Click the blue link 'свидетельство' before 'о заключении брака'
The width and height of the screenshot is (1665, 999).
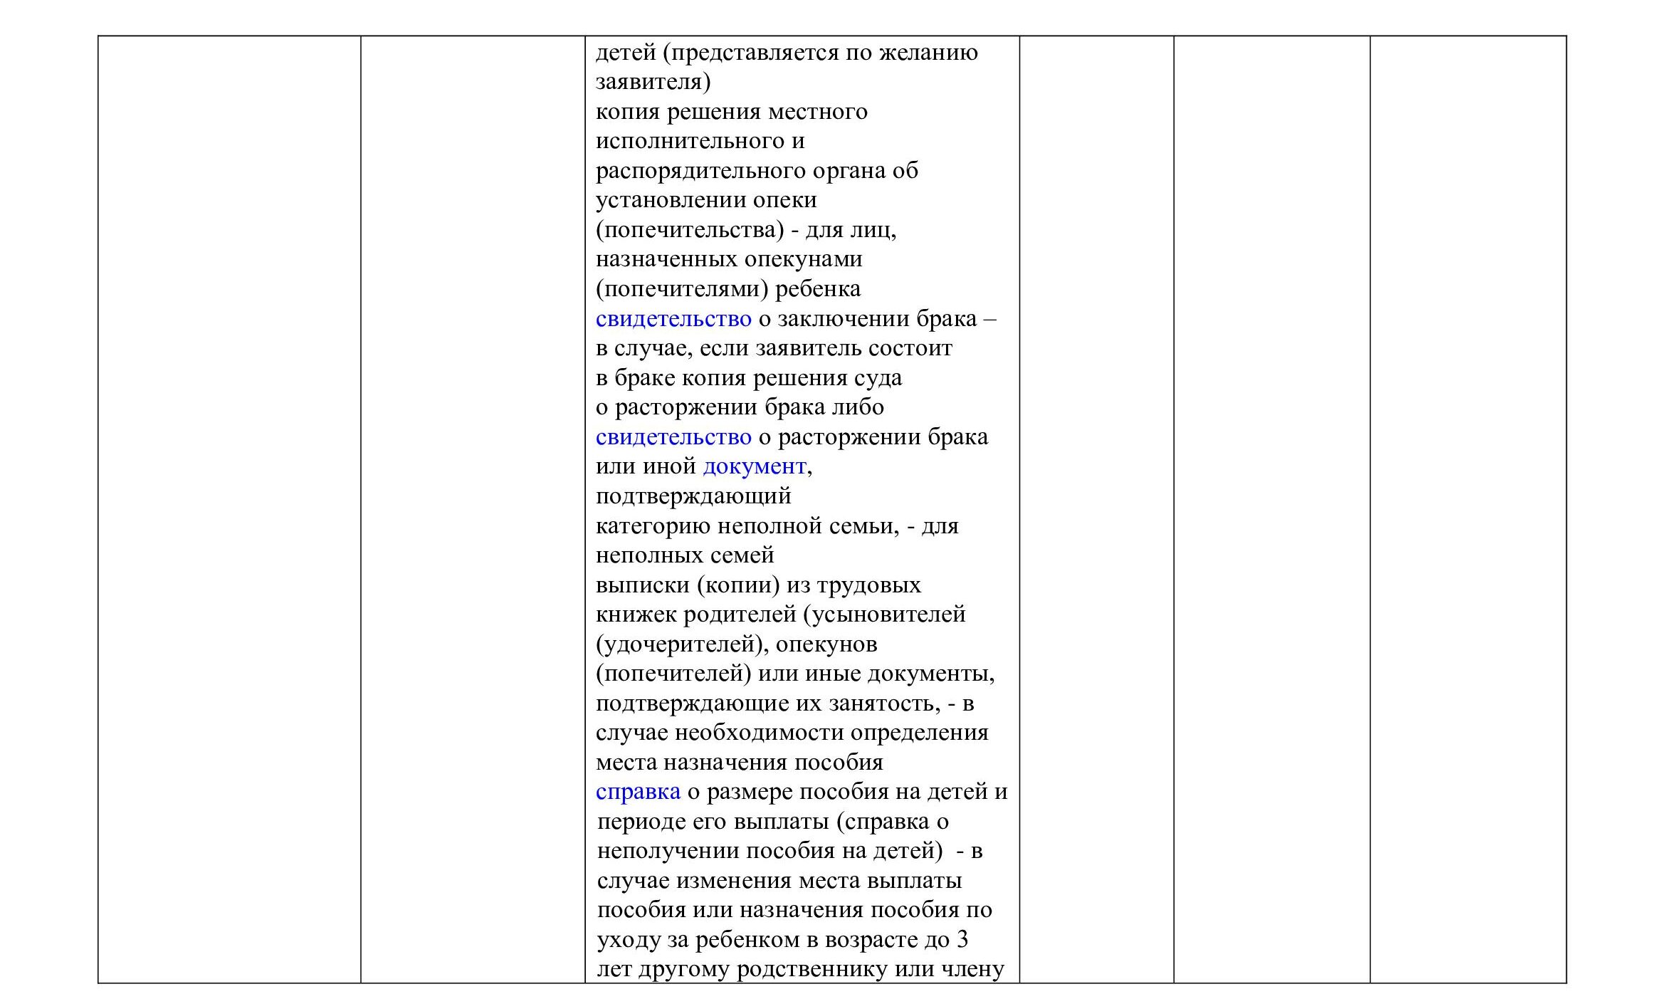[x=673, y=319]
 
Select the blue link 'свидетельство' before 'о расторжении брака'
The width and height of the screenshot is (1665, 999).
[x=673, y=437]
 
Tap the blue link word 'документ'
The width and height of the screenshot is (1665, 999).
[x=754, y=467]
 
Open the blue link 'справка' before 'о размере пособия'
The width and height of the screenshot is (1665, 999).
[x=638, y=792]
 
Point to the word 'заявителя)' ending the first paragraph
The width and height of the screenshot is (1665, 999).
[x=653, y=83]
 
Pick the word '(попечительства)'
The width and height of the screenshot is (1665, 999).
[x=690, y=231]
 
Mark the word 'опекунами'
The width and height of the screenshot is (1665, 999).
[x=804, y=260]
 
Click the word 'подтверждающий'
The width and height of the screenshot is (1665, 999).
[x=693, y=496]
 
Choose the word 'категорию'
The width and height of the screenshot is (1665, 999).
[x=652, y=526]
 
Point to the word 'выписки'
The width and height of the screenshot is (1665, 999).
[x=641, y=585]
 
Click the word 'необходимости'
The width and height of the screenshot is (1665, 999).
[x=758, y=733]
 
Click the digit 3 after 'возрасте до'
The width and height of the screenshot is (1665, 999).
[x=962, y=940]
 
